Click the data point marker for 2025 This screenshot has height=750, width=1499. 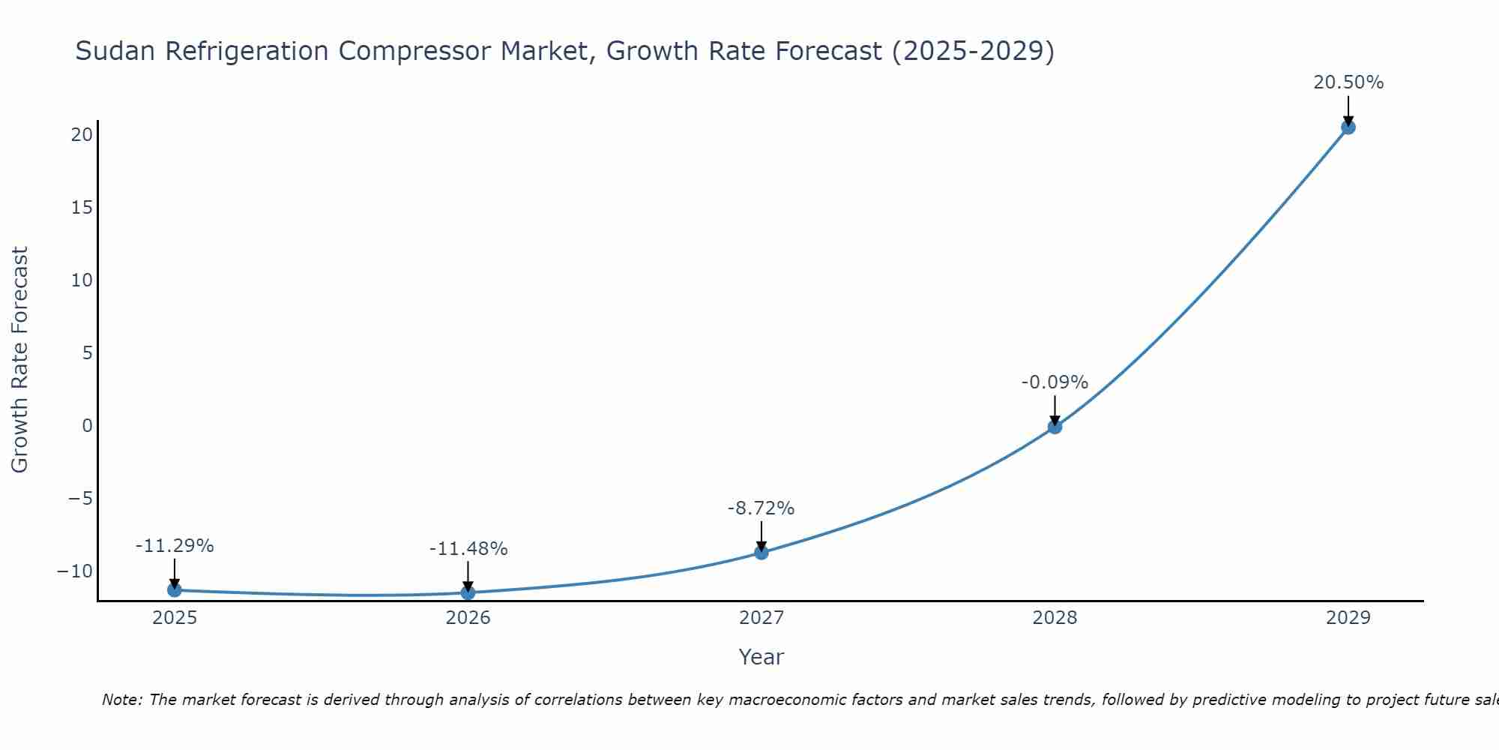pyautogui.click(x=175, y=590)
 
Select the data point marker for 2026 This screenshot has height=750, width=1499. pyautogui.click(x=468, y=592)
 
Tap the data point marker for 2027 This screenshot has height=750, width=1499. pyautogui.click(x=761, y=553)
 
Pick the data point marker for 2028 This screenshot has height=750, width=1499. pyautogui.click(x=1055, y=427)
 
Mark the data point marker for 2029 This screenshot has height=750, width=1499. pyautogui.click(x=1348, y=127)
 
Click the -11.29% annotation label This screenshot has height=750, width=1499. pyautogui.click(x=175, y=546)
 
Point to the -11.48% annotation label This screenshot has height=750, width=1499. pyautogui.click(x=468, y=549)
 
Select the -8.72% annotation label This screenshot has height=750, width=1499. pyautogui.click(x=761, y=508)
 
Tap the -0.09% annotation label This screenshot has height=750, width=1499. pyautogui.click(x=1055, y=382)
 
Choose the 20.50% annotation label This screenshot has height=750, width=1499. pyautogui.click(x=1348, y=82)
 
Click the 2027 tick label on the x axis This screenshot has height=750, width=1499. pyautogui.click(x=761, y=618)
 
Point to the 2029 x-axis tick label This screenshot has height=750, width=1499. pyautogui.click(x=1348, y=618)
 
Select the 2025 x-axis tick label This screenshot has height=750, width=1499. pyautogui.click(x=175, y=618)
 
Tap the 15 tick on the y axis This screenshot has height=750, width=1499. pyautogui.click(x=82, y=207)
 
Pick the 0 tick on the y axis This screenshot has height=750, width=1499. pyautogui.click(x=88, y=426)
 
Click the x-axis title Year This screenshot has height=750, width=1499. pyautogui.click(x=761, y=657)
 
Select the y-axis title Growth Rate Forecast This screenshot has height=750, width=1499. pyautogui.click(x=19, y=359)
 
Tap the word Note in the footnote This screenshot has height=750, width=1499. pyautogui.click(x=121, y=700)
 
